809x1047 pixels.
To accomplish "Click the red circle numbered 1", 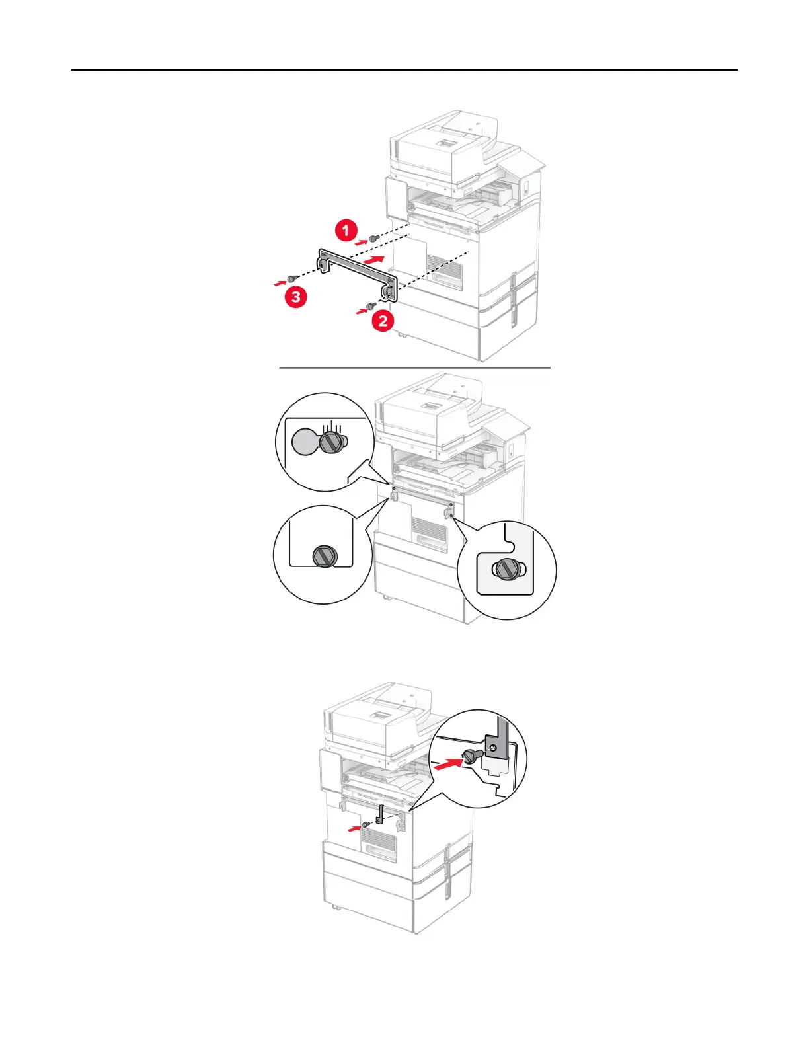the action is tap(346, 231).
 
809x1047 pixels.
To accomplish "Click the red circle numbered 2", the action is tap(383, 322).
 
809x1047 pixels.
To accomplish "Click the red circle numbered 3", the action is tap(296, 297).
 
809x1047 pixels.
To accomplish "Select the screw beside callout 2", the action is tap(371, 305).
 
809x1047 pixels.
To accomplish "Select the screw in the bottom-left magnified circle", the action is tap(323, 555).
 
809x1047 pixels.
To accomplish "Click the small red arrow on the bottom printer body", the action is tap(355, 826).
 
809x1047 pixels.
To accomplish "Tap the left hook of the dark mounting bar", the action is tap(323, 264).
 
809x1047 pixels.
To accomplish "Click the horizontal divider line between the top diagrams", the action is tap(414, 368).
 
